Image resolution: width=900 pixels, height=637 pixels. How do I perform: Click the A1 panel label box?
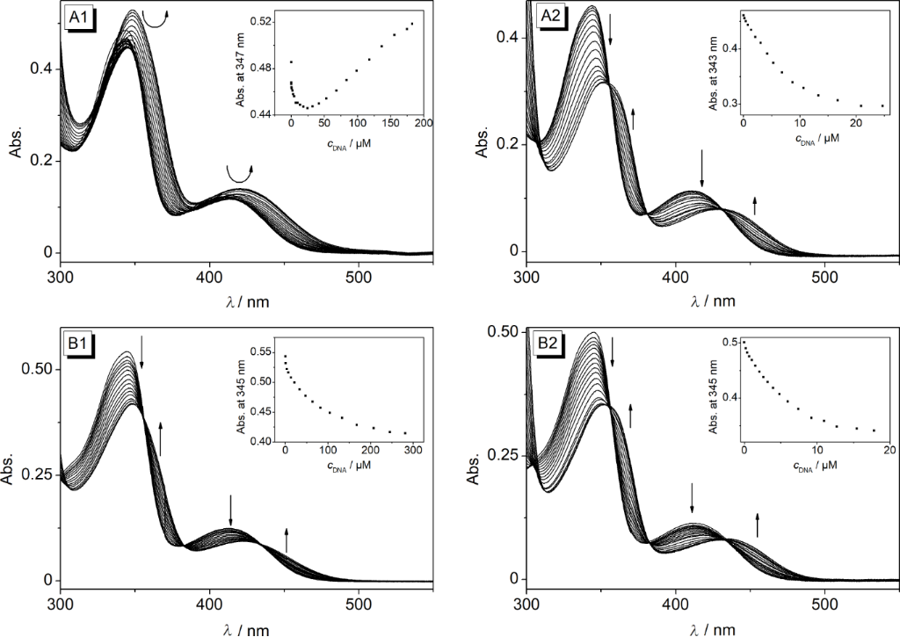[x=82, y=17]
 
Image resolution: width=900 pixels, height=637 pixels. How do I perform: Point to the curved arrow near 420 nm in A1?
[x=238, y=173]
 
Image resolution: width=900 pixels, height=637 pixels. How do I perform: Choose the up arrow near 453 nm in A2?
[x=754, y=206]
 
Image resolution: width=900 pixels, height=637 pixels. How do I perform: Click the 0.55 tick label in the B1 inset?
[x=262, y=351]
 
